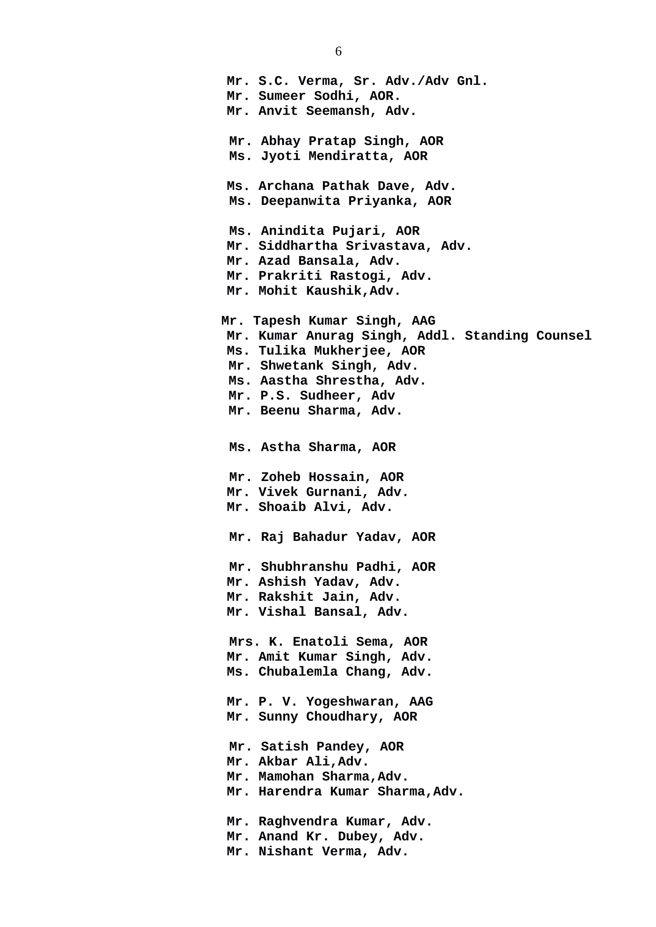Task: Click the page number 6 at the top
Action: (x=338, y=51)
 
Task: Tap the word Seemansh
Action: (x=338, y=111)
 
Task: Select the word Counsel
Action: (x=563, y=336)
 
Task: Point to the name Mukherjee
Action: (x=353, y=351)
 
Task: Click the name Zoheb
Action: (x=281, y=477)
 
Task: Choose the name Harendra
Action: (x=290, y=791)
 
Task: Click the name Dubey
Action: (x=361, y=836)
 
